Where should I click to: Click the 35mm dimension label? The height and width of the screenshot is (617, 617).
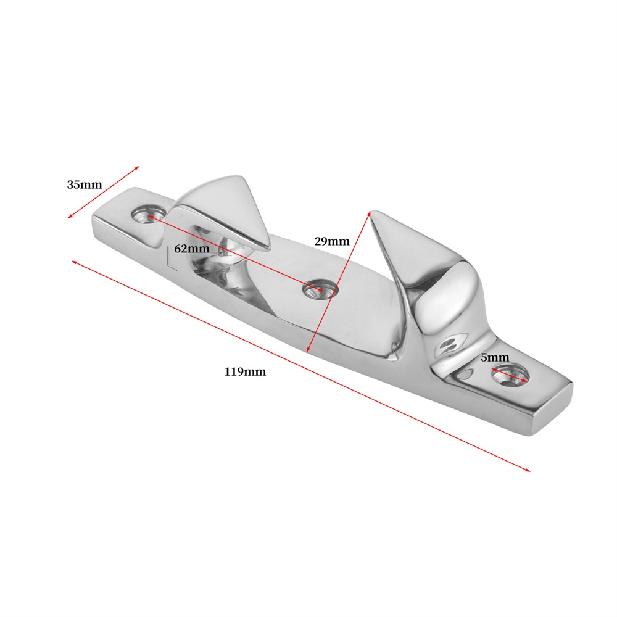tap(84, 184)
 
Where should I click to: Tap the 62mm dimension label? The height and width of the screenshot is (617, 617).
tap(192, 249)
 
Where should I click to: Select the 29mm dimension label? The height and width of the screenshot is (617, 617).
tap(332, 241)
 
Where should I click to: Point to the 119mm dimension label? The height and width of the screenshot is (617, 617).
tap(245, 371)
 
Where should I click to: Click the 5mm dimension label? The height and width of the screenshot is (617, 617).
tap(495, 357)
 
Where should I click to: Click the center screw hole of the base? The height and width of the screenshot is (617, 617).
tap(320, 289)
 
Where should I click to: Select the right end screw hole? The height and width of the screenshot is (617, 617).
tap(510, 375)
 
